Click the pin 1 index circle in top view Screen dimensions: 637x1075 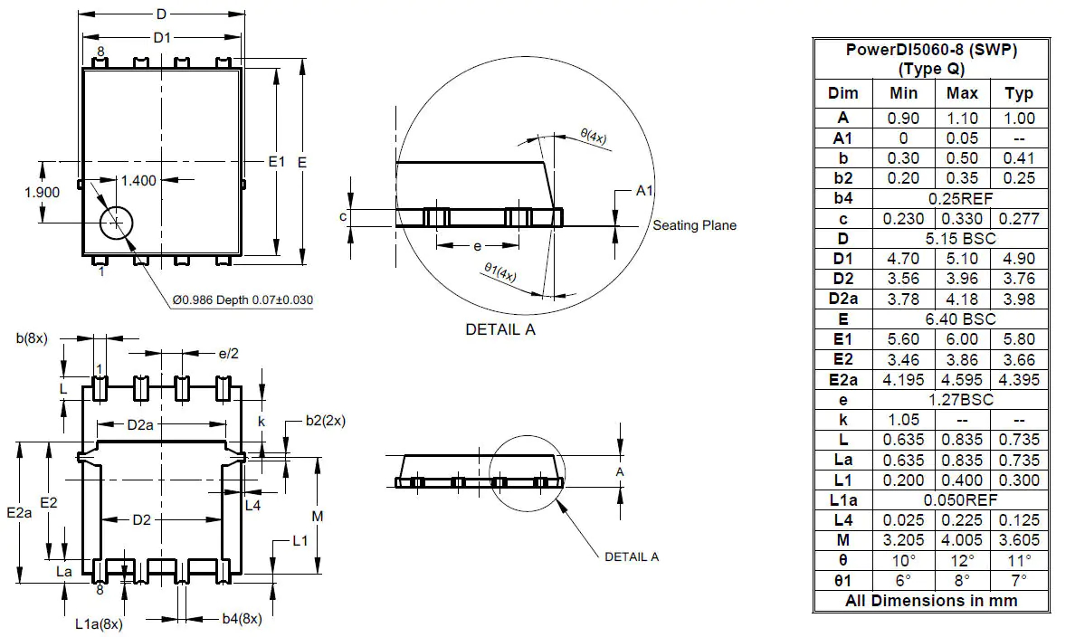[116, 223]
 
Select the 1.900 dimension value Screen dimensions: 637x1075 [42, 192]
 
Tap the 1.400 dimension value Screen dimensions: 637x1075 [138, 180]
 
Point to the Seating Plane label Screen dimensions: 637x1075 [694, 225]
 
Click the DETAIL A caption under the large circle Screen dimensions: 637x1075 [499, 329]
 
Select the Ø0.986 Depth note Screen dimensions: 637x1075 [243, 299]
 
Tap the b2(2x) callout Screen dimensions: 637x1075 [325, 420]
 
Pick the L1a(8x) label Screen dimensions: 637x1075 [99, 623]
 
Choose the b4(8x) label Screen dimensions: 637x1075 [242, 619]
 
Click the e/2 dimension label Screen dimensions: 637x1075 [229, 353]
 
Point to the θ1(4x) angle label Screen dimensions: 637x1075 [499, 271]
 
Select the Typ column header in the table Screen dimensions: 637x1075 [1019, 93]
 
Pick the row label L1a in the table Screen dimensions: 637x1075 [842, 499]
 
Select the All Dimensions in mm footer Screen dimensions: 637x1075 [931, 600]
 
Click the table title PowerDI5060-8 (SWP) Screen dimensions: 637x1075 [931, 51]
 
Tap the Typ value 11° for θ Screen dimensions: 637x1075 [1019, 560]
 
